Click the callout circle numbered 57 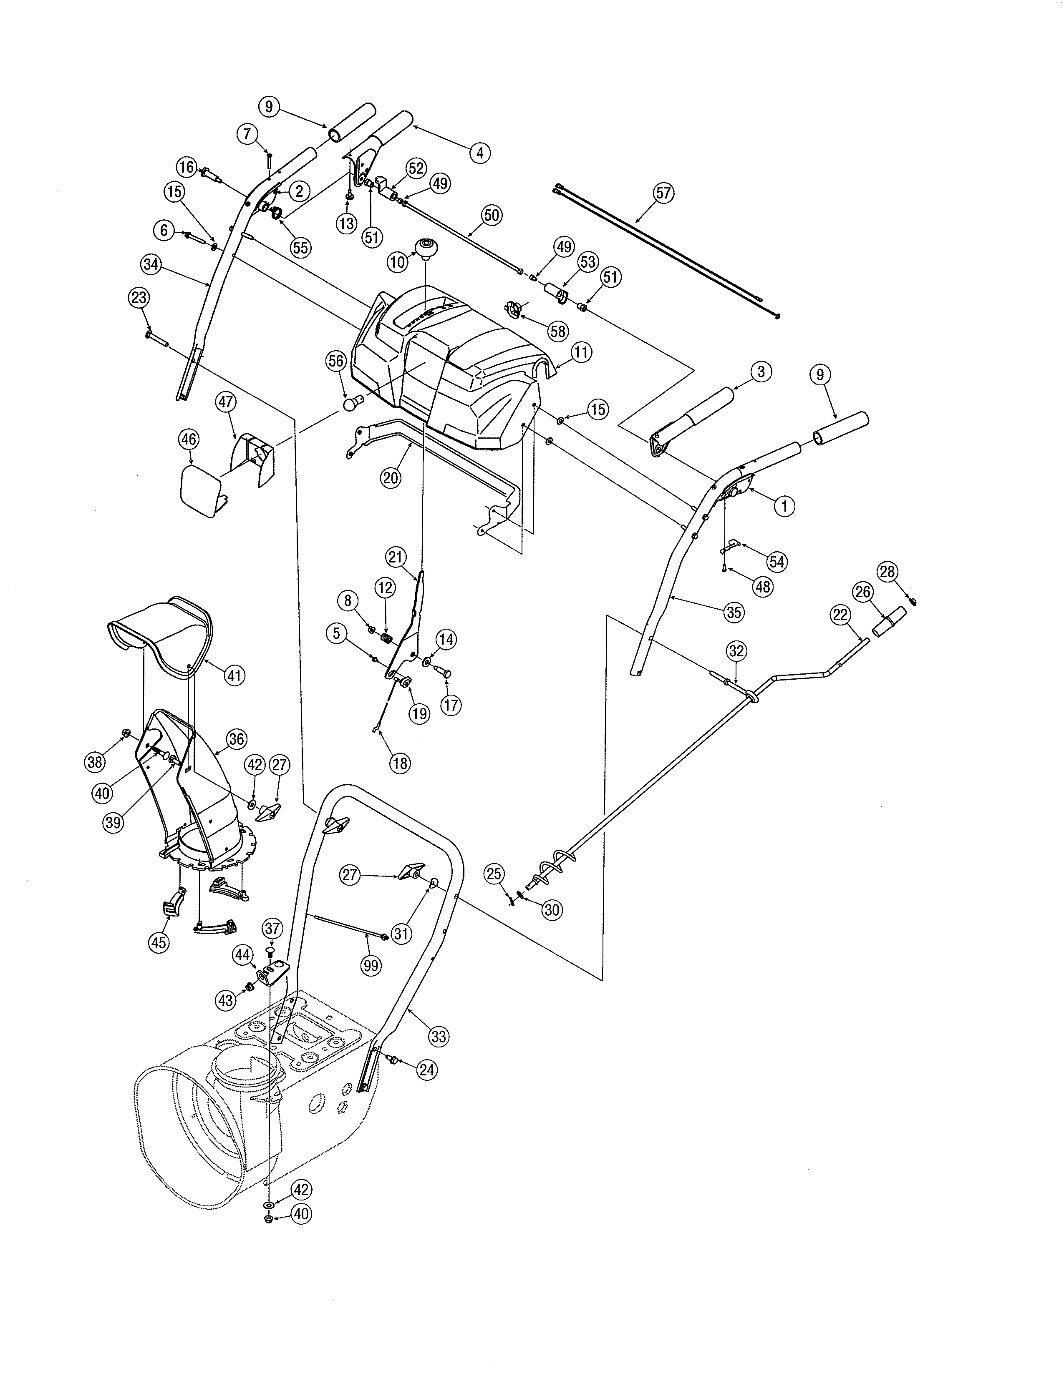coord(663,192)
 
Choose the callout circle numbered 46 coord(189,439)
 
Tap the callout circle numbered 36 coord(236,738)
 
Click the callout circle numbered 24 coord(427,1070)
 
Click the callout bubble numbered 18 coord(400,763)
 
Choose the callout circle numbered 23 coord(139,297)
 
